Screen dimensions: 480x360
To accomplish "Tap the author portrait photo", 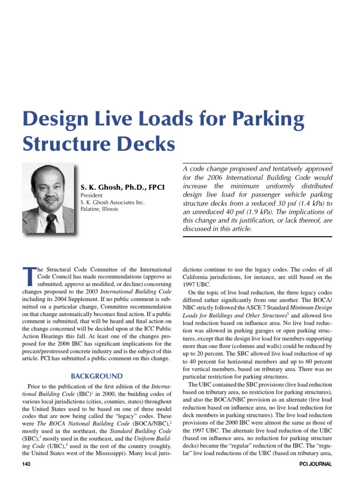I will pos(48,199).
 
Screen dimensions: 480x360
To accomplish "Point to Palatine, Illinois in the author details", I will pos(100,209).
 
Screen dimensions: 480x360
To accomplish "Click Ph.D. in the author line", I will pos(132,187).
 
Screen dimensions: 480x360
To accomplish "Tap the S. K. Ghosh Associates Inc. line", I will pos(113,202).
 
